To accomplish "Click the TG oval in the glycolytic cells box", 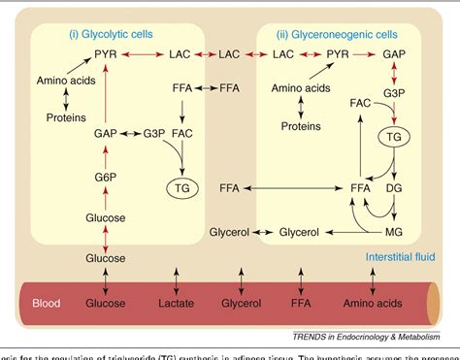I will tap(181, 187).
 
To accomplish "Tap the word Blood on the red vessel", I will tap(45, 302).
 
